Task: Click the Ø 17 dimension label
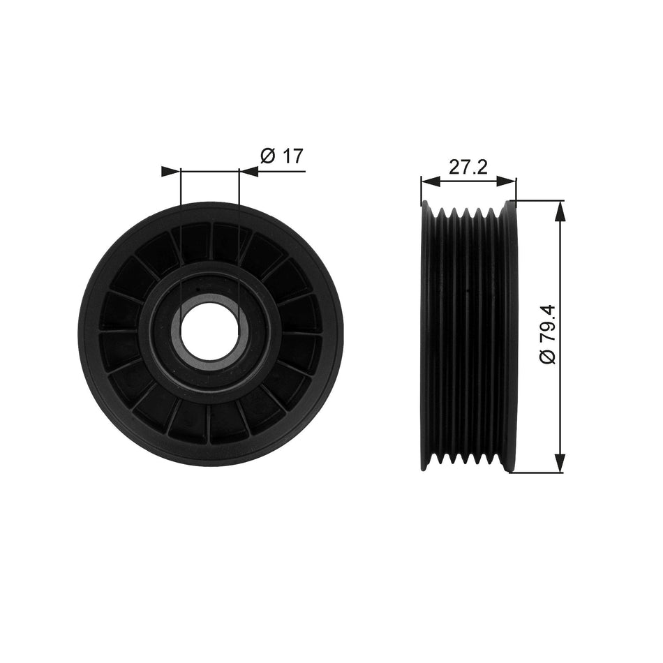(x=283, y=156)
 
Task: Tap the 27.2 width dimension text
(x=467, y=167)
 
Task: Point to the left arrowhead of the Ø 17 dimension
(x=170, y=172)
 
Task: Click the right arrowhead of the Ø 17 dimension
(x=248, y=172)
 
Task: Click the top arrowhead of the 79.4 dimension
(x=559, y=210)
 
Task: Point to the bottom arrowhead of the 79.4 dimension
(x=559, y=463)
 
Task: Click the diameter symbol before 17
(x=267, y=156)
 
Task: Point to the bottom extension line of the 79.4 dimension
(x=537, y=472)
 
